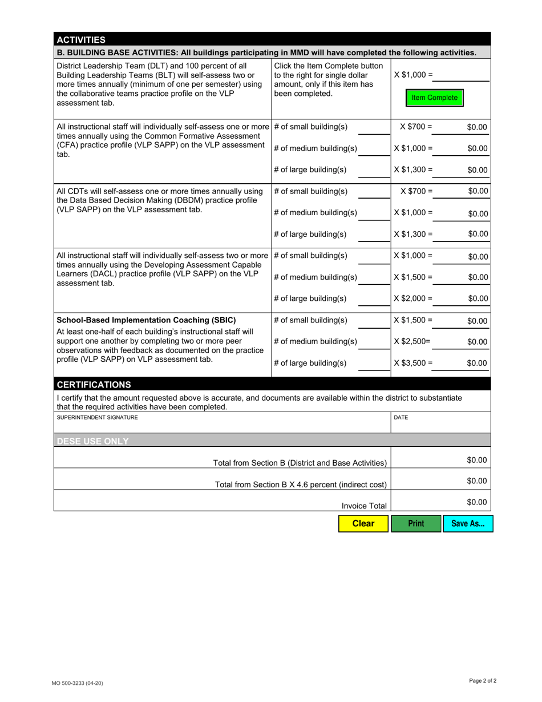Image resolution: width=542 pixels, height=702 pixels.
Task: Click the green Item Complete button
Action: (434, 98)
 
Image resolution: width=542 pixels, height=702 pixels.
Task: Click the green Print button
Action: (416, 523)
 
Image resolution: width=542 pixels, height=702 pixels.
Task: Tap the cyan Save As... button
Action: (468, 523)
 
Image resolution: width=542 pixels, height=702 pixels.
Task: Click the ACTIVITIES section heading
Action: (80, 40)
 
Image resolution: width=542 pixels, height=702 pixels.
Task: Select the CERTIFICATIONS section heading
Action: (94, 385)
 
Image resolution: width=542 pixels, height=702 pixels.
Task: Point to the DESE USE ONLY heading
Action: (92, 441)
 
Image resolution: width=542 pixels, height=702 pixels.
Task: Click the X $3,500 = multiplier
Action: (413, 363)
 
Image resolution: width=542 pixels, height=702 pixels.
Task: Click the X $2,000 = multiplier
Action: (413, 298)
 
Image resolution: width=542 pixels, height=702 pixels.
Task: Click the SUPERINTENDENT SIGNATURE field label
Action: (98, 418)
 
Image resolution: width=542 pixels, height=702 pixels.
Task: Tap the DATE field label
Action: (401, 418)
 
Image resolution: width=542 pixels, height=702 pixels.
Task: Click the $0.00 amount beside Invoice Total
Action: (476, 502)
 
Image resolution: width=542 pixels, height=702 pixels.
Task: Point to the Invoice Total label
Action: (364, 506)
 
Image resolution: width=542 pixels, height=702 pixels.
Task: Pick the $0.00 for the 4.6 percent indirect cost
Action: (476, 481)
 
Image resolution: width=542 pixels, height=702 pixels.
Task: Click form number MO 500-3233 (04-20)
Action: (78, 683)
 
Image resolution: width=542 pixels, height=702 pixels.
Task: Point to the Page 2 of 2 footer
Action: (483, 680)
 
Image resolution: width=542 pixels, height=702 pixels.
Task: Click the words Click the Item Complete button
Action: (329, 66)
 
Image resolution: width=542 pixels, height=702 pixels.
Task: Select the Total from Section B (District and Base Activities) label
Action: (300, 463)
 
